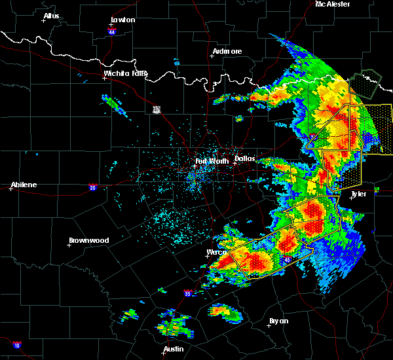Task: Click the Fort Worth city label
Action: tap(210, 160)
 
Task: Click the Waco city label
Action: tap(216, 252)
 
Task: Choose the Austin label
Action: tap(174, 349)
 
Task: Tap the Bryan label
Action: tap(278, 321)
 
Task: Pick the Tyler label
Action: tap(358, 194)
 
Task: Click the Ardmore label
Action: tap(227, 51)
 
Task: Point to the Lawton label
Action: tap(123, 20)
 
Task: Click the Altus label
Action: tap(51, 16)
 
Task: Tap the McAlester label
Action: tap(333, 4)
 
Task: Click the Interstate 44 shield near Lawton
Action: tap(113, 30)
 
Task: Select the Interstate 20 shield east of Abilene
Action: tap(92, 187)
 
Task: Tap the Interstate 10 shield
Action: tap(16, 345)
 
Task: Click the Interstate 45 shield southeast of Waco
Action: tap(288, 260)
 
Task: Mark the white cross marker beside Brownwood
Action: tap(69, 245)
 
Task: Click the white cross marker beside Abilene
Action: tap(11, 189)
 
